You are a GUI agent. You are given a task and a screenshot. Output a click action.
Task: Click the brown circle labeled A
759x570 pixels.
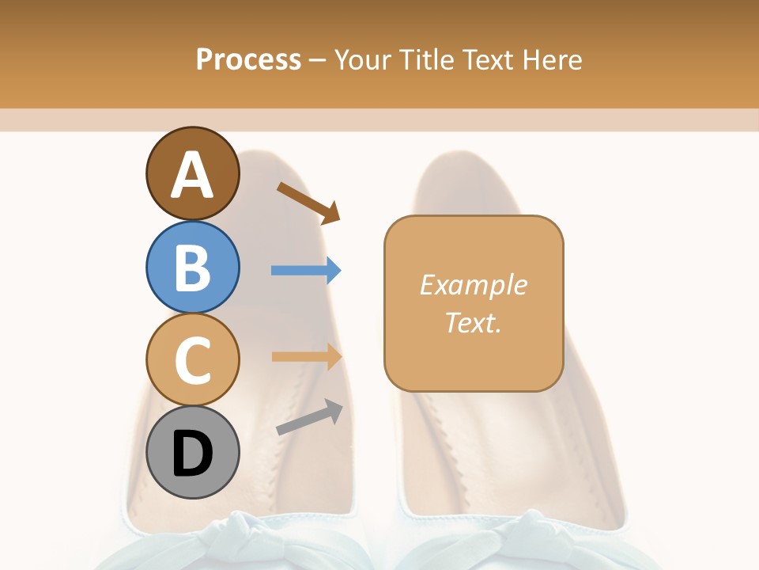coord(193,173)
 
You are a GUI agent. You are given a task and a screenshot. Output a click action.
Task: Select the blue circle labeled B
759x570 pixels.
coord(193,267)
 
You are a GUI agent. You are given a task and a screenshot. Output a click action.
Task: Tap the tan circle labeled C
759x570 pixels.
coord(193,359)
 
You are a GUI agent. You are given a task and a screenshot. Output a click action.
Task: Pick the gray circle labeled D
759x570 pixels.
coord(193,453)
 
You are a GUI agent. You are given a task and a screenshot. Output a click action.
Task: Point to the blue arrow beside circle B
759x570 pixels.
coord(306,270)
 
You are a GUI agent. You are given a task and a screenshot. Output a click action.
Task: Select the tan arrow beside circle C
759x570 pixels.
coord(306,356)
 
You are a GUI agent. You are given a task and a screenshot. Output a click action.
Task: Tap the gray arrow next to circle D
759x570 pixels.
coord(309,417)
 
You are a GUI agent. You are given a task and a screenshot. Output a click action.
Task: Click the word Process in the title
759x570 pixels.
coord(248,59)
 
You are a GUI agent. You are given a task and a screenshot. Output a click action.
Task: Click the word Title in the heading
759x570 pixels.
coord(426,59)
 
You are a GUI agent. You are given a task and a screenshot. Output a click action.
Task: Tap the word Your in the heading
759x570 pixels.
coord(363,59)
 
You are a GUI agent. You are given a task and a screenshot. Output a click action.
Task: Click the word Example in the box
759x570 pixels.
coord(473,285)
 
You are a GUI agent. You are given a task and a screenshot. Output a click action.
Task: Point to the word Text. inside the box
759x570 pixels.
coord(473,322)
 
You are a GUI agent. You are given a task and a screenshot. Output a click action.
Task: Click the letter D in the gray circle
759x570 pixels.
coord(193,454)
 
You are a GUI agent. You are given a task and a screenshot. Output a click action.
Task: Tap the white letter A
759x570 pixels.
coord(193,175)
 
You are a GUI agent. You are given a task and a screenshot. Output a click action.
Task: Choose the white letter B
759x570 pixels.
coord(193,268)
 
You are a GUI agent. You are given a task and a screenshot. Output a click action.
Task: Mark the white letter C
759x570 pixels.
coord(193,361)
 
